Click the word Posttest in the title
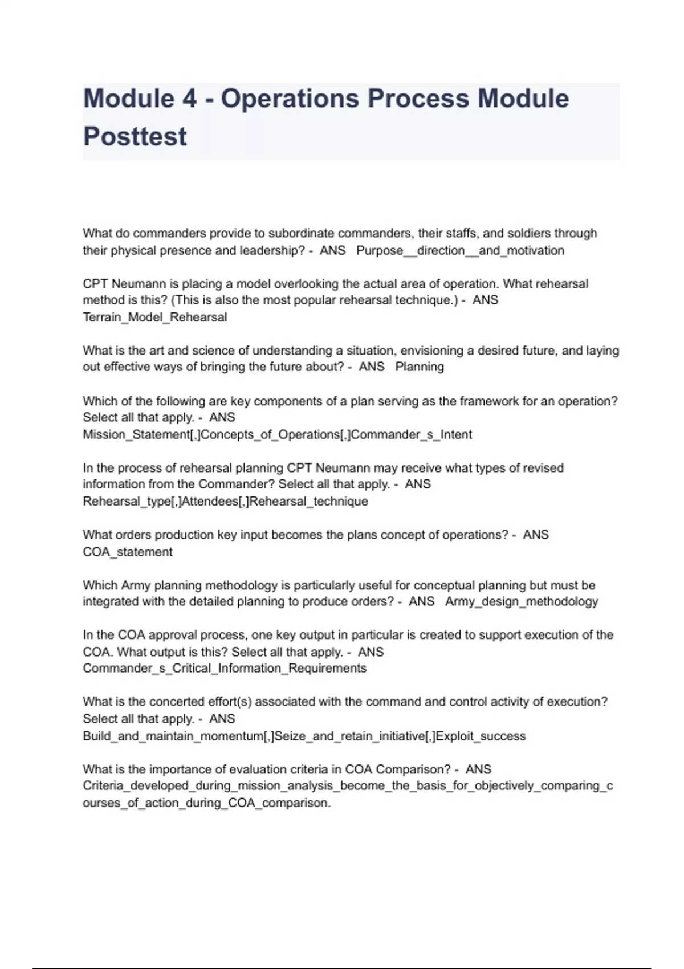(x=135, y=137)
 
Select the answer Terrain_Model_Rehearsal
(x=155, y=317)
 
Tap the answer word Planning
(x=420, y=367)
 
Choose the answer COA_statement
(x=128, y=552)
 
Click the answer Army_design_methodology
(x=522, y=601)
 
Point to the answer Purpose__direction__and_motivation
(x=460, y=250)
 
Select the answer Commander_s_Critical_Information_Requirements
(x=225, y=668)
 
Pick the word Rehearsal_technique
(x=308, y=501)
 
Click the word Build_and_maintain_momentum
(x=173, y=736)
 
